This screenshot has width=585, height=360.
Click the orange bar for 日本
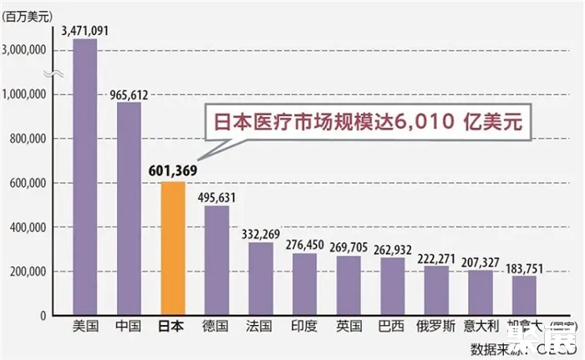click(x=172, y=248)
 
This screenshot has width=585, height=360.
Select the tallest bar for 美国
click(x=85, y=177)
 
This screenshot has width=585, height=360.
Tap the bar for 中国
click(x=129, y=209)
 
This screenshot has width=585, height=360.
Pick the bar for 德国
click(x=216, y=260)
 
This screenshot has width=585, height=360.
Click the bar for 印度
click(x=304, y=284)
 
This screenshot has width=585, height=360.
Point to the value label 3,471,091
click(x=85, y=31)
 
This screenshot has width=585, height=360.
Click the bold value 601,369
click(x=172, y=171)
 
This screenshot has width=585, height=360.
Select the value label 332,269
click(x=261, y=232)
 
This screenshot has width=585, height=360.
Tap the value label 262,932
click(x=392, y=247)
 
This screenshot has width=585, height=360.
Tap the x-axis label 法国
click(x=260, y=327)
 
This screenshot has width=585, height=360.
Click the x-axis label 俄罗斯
click(x=435, y=327)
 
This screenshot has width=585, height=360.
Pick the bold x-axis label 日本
click(x=172, y=327)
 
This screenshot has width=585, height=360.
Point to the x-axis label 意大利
click(x=480, y=327)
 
